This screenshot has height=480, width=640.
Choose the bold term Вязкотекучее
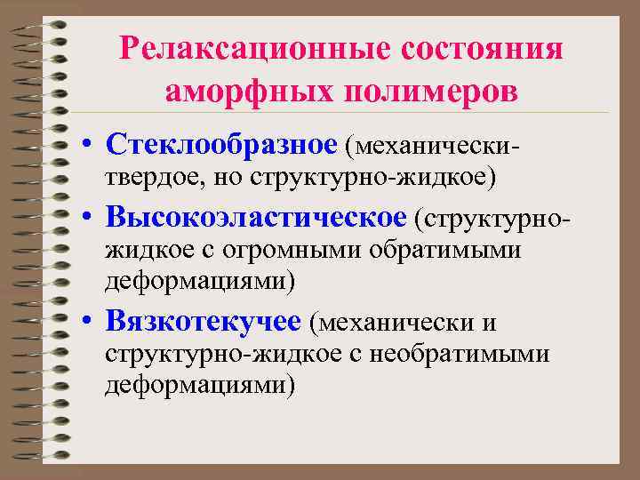click(x=205, y=318)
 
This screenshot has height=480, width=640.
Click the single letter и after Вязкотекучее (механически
click(x=489, y=320)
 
